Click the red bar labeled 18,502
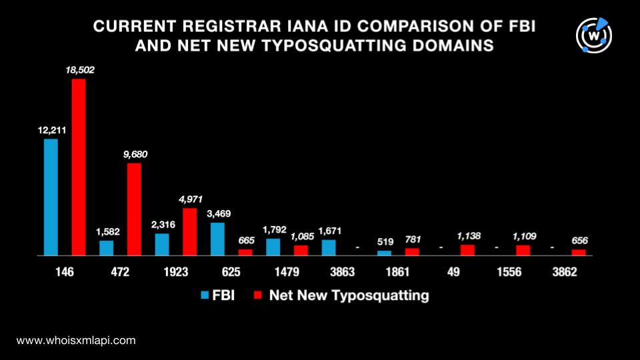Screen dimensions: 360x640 coord(79,167)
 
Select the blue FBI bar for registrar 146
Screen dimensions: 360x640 coord(51,197)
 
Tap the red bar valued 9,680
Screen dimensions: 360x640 coord(134,209)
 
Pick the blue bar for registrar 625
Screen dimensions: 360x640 coord(217,239)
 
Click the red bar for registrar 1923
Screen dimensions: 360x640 coord(189,231)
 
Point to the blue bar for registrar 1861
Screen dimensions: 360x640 coord(384,253)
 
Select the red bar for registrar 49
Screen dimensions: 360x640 coord(468,250)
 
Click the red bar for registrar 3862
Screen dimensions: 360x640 coord(579,252)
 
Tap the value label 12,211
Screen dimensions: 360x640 coord(51,130)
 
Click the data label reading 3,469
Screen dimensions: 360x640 coord(218,214)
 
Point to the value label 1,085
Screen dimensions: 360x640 coord(301,236)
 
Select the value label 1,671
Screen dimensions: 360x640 coord(329,231)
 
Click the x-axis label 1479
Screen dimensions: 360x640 coord(287,272)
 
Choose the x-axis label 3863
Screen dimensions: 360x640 coord(343,272)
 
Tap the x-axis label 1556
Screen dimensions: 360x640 coord(509,272)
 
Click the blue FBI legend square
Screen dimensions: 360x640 coord(203,295)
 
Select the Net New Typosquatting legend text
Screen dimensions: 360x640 coord(349,295)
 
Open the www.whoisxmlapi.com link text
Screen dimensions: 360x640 coord(76,340)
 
